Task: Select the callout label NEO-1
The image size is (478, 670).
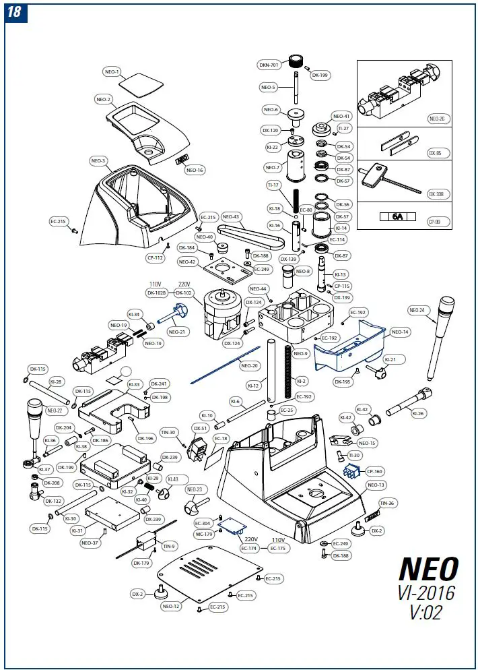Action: coord(112,71)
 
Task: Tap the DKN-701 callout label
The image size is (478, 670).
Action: coord(269,65)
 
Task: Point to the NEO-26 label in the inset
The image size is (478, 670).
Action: coord(437,119)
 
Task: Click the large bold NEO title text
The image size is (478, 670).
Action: coord(429,570)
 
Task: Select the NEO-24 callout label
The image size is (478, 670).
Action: coord(417,310)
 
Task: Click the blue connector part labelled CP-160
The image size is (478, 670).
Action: coord(350,472)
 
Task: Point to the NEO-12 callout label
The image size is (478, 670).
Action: coord(171,606)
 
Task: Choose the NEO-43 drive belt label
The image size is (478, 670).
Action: coord(231,216)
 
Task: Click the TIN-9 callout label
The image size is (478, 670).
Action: coord(168,546)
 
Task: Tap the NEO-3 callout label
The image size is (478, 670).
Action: coord(98,161)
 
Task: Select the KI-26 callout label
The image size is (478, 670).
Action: coord(418,413)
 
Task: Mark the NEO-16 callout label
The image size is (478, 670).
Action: coord(195,170)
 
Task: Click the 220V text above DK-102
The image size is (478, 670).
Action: coord(184,284)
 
